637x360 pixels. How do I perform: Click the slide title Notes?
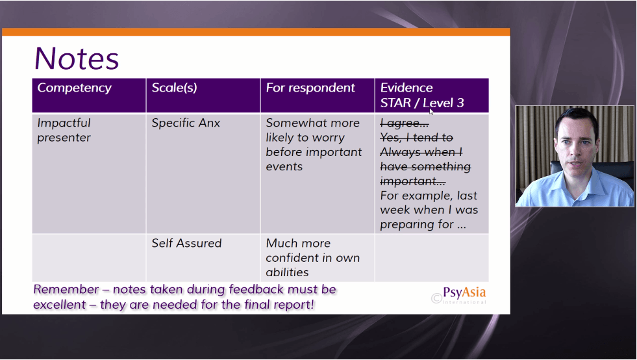coord(77,58)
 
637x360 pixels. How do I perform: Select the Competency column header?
coord(74,88)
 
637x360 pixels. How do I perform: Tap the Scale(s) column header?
coord(174,88)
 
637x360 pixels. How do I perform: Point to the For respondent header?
coord(310,88)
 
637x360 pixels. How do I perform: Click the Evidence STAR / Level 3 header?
coord(421,95)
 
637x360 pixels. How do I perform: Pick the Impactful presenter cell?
coord(64,130)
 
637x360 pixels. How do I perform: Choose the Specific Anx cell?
coord(186,123)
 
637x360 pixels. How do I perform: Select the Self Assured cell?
coord(186,243)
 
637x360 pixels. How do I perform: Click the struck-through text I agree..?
coord(405,123)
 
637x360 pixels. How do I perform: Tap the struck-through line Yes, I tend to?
coord(416,138)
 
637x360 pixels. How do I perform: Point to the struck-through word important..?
coord(413,181)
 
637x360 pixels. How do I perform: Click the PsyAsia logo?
coord(464,295)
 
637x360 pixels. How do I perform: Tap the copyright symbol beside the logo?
coord(436,298)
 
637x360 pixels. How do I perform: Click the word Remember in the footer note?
coord(66,289)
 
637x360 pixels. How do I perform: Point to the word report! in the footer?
coord(294,305)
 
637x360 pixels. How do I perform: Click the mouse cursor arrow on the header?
coord(431,112)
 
